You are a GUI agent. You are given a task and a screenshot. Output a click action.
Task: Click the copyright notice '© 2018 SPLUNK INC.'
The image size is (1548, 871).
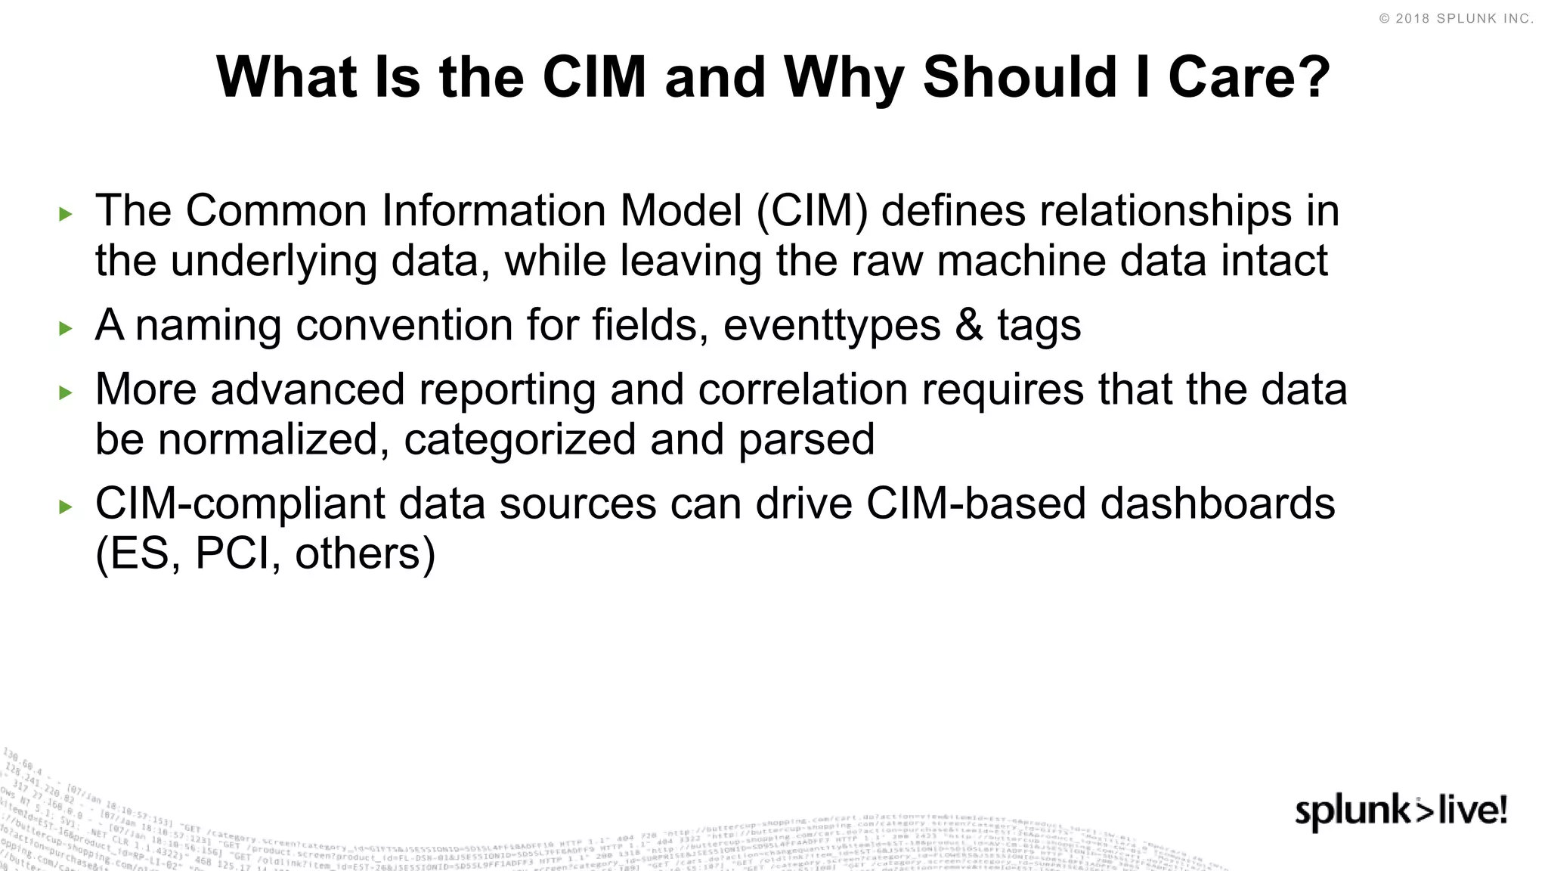(1457, 19)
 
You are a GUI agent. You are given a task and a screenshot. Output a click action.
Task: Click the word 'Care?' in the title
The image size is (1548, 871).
(1249, 77)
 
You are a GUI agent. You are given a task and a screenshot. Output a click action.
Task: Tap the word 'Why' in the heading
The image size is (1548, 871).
(844, 79)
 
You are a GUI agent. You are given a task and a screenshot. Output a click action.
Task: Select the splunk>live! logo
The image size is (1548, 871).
(1401, 812)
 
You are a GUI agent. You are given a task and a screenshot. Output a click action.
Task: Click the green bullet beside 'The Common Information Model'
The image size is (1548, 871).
(66, 215)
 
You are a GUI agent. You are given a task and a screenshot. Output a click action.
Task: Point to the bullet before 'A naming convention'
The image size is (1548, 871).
(66, 329)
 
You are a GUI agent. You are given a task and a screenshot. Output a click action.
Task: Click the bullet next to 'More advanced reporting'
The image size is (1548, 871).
(66, 393)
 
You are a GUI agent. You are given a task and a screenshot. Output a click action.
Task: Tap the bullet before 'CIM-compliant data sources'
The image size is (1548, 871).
(66, 507)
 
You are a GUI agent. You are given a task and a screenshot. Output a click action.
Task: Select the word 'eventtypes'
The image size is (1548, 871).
(831, 326)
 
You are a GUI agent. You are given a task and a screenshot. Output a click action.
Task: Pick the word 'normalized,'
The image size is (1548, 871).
(274, 440)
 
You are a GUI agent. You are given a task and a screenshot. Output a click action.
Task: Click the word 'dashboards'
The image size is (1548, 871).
(1217, 504)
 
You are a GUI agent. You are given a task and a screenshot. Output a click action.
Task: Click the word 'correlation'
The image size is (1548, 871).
(803, 390)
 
